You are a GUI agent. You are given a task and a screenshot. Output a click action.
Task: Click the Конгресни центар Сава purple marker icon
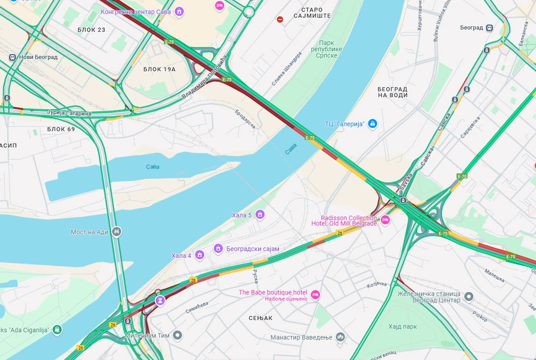179,11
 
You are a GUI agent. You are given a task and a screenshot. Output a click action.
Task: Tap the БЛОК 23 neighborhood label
92,29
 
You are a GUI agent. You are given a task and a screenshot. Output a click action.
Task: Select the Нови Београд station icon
13,57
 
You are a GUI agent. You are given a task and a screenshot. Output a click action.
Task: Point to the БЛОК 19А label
159,69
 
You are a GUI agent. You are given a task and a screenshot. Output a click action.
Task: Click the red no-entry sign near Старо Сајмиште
280,19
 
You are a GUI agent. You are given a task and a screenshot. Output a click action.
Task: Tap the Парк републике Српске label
330,50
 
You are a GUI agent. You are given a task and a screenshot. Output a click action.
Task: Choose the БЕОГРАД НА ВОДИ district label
392,92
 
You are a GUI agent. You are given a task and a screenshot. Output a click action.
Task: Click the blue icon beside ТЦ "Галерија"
372,123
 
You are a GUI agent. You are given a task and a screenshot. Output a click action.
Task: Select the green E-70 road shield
462,176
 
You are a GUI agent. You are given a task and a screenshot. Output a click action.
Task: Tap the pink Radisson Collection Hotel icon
385,220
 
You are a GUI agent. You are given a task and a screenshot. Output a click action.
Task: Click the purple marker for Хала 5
260,215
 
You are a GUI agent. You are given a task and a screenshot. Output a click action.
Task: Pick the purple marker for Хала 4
200,255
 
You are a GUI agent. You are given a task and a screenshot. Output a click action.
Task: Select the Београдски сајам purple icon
218,249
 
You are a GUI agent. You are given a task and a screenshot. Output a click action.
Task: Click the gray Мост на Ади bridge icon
117,232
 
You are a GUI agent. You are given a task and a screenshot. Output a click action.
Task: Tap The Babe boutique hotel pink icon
315,294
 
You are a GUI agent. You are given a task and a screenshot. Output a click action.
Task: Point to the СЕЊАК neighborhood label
261,318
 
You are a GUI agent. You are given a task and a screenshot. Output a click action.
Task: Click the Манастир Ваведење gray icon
340,337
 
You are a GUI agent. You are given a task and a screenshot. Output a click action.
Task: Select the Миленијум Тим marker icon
177,335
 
